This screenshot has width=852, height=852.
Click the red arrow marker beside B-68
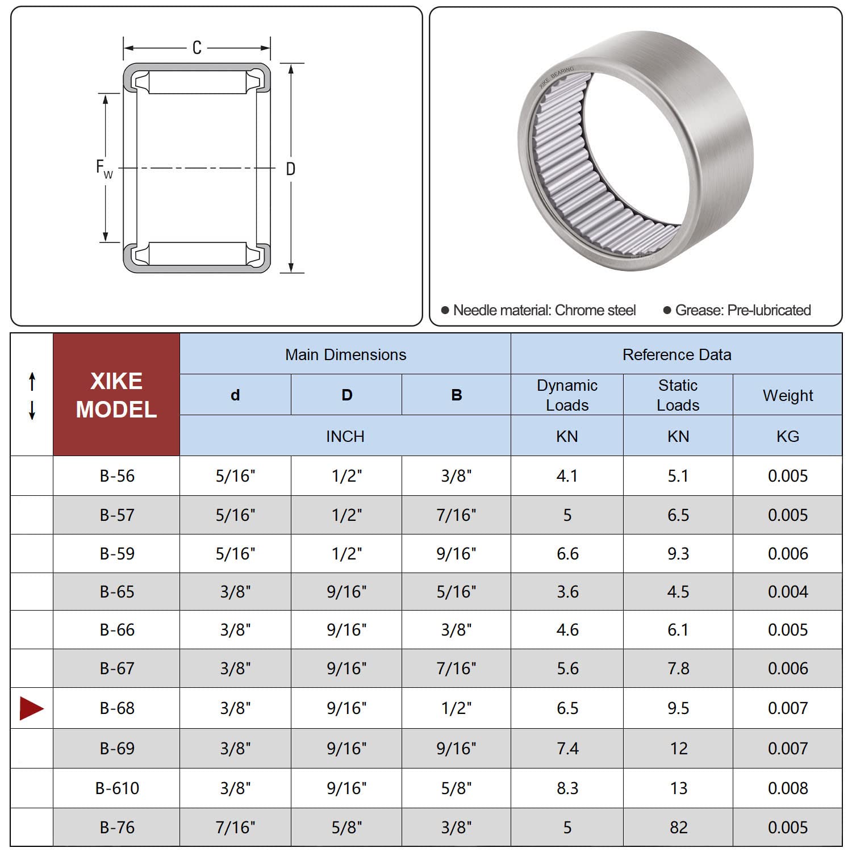pyautogui.click(x=31, y=708)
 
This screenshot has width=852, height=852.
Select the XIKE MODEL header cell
pyautogui.click(x=116, y=395)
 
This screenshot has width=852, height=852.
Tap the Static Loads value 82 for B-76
pyautogui.click(x=678, y=828)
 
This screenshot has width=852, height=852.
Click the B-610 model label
pyautogui.click(x=117, y=788)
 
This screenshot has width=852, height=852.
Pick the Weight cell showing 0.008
pyautogui.click(x=787, y=788)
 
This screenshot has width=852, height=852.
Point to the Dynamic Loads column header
pyautogui.click(x=567, y=395)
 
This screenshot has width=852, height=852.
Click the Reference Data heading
pyautogui.click(x=676, y=354)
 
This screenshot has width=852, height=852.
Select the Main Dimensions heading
pyautogui.click(x=345, y=354)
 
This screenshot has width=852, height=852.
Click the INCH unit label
pyautogui.click(x=345, y=436)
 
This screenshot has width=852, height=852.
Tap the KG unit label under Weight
pyautogui.click(x=787, y=436)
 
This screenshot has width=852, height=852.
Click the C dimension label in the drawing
pyautogui.click(x=197, y=48)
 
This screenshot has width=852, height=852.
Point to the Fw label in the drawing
pyautogui.click(x=104, y=169)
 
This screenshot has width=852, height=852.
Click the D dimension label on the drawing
pyautogui.click(x=290, y=169)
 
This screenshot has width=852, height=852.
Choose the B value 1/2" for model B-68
pyautogui.click(x=456, y=708)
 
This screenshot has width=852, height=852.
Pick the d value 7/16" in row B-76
pyautogui.click(x=235, y=828)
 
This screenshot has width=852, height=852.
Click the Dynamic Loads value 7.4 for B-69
pyautogui.click(x=567, y=749)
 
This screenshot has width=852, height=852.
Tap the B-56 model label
pyautogui.click(x=117, y=476)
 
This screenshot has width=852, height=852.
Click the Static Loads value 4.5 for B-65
pyautogui.click(x=678, y=592)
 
